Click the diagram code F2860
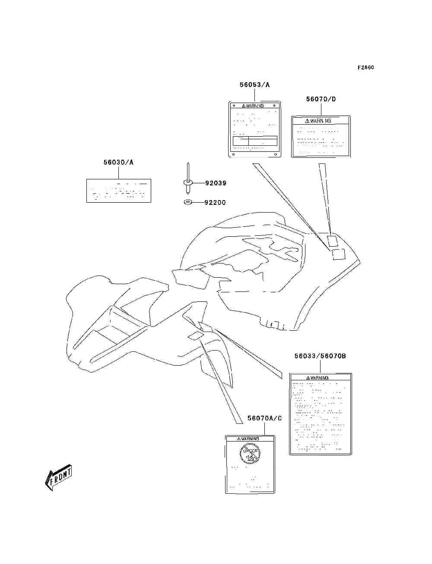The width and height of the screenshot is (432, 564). (x=365, y=68)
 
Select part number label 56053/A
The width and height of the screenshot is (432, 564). (x=254, y=85)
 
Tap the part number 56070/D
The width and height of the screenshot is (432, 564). (x=321, y=99)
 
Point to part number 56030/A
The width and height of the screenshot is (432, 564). (x=118, y=163)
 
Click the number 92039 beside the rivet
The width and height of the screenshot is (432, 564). (x=215, y=183)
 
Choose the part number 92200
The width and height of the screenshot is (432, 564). (x=215, y=202)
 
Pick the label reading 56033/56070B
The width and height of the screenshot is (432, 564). (x=320, y=356)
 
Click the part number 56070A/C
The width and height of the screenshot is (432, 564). (x=264, y=418)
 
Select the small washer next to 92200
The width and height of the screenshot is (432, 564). (x=187, y=202)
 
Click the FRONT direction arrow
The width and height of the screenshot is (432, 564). (x=58, y=477)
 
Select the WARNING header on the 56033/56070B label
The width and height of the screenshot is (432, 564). (x=320, y=378)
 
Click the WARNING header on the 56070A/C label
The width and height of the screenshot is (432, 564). (x=249, y=439)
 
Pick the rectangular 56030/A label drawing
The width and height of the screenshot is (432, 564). (x=119, y=191)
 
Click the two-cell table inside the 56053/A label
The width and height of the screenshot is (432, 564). (x=255, y=141)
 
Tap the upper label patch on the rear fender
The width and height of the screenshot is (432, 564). (x=333, y=240)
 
